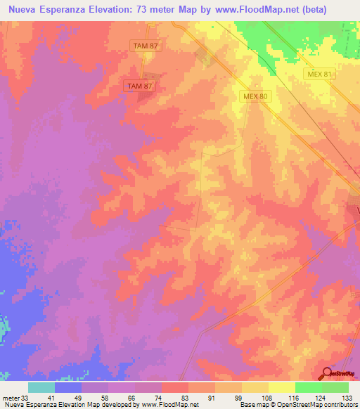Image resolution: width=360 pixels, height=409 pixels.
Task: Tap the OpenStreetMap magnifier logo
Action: click(x=326, y=372)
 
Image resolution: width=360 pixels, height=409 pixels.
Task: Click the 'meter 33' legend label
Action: click(x=13, y=398)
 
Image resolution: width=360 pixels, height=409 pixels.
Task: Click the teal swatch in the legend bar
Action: click(x=41, y=387)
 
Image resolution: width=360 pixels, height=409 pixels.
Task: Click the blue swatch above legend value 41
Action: click(x=68, y=387)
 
